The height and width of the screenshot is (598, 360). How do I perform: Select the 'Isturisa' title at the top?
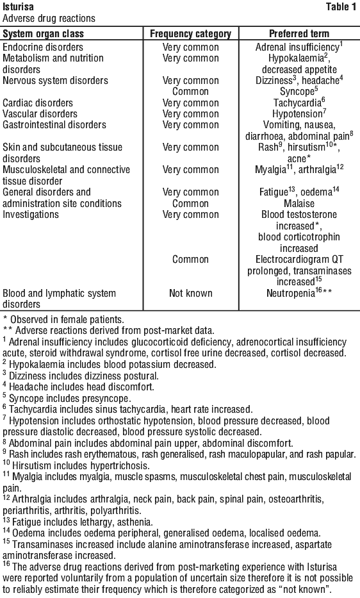18,6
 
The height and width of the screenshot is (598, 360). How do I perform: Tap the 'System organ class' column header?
43,33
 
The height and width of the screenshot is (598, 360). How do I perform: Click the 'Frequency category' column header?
191,33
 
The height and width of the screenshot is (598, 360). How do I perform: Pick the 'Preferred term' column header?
299,33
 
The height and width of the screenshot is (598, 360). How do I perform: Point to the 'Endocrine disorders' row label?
43,47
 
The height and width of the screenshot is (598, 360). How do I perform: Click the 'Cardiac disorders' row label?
38,103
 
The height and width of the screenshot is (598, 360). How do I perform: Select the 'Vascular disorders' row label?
40,114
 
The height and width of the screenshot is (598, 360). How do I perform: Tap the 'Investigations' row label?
31,215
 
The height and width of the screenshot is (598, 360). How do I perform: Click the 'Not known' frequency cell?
191,294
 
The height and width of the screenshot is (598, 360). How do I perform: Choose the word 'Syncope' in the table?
297,92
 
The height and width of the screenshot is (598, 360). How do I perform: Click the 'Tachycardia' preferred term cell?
297,103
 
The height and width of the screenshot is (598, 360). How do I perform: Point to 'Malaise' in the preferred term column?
299,204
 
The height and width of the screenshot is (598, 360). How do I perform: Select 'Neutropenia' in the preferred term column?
291,294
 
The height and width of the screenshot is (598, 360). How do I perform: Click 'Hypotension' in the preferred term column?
297,114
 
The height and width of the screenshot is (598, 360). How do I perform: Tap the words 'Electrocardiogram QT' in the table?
299,260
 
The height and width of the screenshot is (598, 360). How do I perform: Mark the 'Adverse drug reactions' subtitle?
49,19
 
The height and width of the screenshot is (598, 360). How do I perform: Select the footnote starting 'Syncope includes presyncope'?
70,399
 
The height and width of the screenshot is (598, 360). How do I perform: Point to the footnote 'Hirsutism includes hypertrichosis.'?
81,466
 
